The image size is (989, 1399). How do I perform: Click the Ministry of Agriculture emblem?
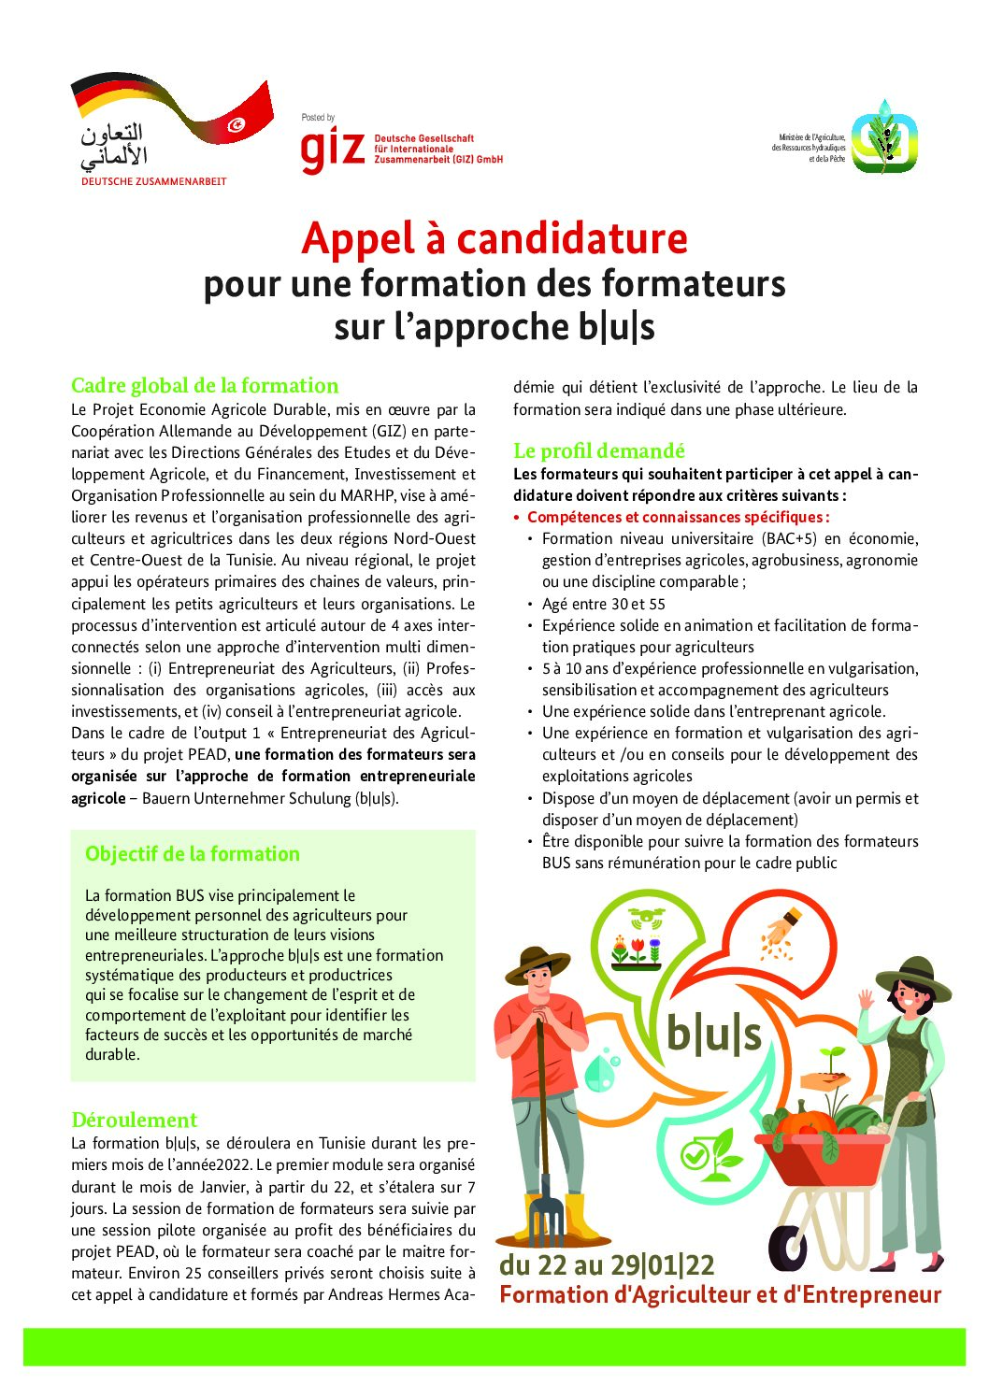[883, 136]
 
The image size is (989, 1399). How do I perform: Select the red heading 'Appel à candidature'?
[494, 238]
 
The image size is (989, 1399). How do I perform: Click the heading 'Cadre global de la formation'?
[205, 385]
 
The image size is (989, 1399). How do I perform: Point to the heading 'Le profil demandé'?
[598, 450]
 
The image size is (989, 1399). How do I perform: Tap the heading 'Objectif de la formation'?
[193, 853]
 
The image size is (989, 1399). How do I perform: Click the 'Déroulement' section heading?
[135, 1120]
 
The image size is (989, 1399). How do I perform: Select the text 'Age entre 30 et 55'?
[604, 604]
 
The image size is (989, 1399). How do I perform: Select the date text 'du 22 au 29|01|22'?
[607, 1264]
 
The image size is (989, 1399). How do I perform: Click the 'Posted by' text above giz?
[318, 118]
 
